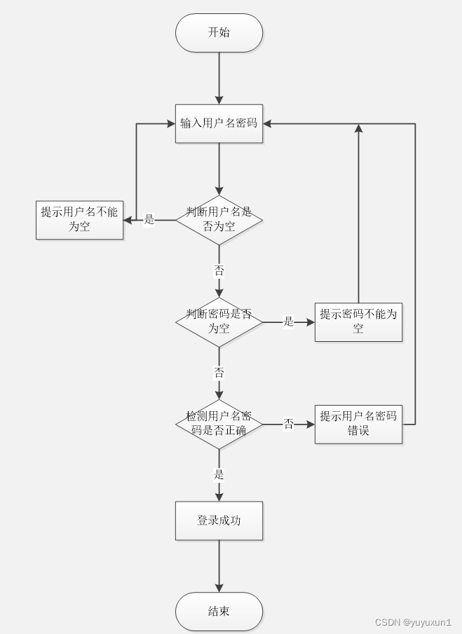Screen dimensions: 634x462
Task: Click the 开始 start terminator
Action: (219, 32)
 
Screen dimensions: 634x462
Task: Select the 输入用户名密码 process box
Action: (219, 123)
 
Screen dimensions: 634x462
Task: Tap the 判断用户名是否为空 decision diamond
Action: (219, 219)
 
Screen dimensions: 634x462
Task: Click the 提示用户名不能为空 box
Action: (79, 219)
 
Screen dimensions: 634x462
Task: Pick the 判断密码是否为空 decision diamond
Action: (219, 322)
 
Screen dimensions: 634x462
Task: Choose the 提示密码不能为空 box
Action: (358, 322)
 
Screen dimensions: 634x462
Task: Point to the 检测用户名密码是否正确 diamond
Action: (219, 423)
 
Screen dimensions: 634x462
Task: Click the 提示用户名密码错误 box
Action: (358, 423)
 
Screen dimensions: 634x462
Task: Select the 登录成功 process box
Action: (219, 521)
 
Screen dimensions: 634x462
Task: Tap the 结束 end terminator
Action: (219, 612)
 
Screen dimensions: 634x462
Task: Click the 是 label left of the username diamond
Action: (149, 219)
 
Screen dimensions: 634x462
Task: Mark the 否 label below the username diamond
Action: (219, 270)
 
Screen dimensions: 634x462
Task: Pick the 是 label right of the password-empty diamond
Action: (288, 322)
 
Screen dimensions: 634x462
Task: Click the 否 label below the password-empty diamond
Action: (219, 372)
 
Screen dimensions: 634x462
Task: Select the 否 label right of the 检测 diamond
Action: (288, 423)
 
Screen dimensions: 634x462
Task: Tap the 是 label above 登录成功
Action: (219, 474)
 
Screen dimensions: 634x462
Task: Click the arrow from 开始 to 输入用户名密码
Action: (219, 77)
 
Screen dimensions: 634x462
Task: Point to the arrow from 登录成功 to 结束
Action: (219, 566)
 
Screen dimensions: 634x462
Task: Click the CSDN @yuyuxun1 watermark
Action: (413, 622)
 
